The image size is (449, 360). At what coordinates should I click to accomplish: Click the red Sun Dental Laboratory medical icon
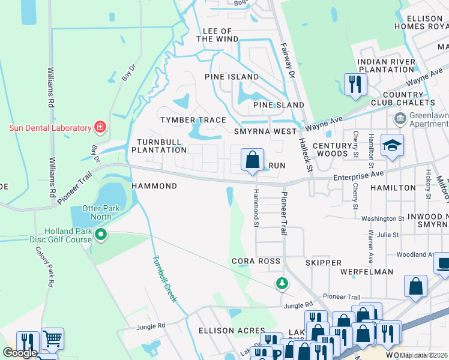100,127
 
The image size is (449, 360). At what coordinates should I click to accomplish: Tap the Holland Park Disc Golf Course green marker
101,235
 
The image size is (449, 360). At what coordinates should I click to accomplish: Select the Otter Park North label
88,212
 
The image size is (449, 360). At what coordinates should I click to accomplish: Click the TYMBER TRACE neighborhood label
193,120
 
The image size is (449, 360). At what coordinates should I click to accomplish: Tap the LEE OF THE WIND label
217,35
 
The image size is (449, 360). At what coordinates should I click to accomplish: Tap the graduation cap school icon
392,146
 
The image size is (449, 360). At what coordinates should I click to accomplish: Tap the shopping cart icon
52,340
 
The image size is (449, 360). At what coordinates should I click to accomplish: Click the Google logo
20,353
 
